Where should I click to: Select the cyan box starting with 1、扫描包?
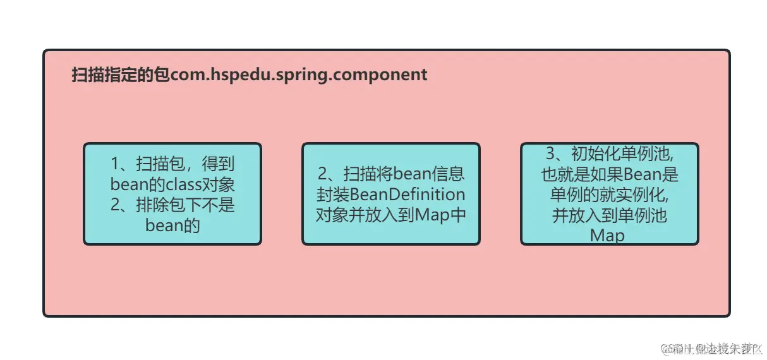point(172,194)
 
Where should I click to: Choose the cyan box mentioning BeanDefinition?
point(390,194)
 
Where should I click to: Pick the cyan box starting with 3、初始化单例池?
point(609,194)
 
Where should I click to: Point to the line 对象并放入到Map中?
point(390,214)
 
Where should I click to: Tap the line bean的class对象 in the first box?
point(172,184)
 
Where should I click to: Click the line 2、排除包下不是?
point(172,205)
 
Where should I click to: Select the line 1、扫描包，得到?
point(172,164)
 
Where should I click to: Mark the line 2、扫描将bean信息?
point(390,174)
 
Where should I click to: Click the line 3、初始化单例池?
point(609,154)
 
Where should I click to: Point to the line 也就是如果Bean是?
point(609,174)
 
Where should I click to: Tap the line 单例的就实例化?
point(609,195)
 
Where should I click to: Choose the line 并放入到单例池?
point(609,215)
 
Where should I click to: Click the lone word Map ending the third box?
point(607,236)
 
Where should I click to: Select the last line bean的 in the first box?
point(172,225)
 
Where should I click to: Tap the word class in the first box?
point(184,184)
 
